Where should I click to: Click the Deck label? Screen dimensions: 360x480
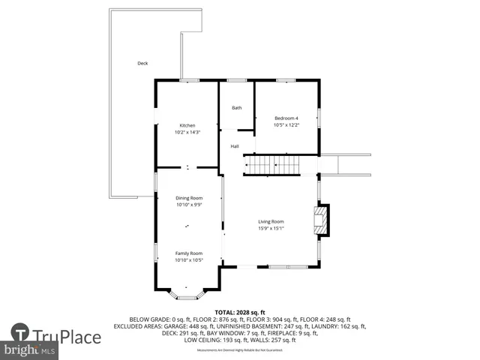(142, 64)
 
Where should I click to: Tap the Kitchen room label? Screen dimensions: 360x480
(187, 125)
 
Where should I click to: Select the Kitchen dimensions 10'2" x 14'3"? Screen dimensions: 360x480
(187, 133)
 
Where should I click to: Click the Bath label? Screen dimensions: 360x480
(236, 108)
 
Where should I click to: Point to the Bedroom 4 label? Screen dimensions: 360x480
(286, 118)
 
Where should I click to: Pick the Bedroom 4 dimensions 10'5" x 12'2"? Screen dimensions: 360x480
(286, 125)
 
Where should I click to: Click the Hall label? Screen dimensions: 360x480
(235, 146)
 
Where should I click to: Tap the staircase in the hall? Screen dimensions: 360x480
(271, 163)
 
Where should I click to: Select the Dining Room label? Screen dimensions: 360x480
(189, 198)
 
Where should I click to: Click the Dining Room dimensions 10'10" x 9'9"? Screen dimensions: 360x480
(189, 205)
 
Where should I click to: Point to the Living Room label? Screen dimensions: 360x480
(271, 221)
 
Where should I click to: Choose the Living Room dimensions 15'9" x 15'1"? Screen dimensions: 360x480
(271, 229)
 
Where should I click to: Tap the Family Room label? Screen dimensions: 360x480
(189, 253)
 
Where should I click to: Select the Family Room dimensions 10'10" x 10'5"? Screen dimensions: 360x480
(189, 261)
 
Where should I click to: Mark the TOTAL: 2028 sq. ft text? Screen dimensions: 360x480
(239, 311)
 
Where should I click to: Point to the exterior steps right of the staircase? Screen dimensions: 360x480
(345, 164)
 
